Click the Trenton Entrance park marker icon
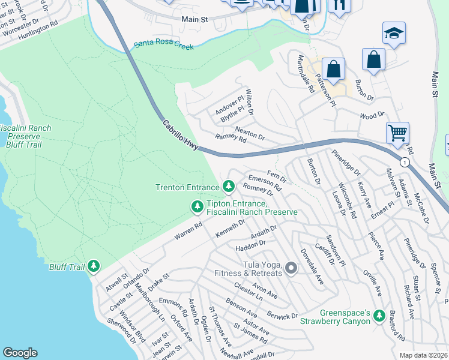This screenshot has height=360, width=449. coord(228,187)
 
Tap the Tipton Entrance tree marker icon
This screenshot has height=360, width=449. coord(196,207)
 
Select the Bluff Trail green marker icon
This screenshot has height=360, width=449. coord(93,265)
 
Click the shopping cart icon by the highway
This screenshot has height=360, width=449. coord(397,133)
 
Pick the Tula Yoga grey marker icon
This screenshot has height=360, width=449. coord(291,268)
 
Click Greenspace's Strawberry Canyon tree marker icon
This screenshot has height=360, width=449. coord(379,315)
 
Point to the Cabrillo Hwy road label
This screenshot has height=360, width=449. coord(180,135)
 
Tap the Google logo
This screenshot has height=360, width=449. coord(20,353)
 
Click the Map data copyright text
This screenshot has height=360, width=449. coord(424,355)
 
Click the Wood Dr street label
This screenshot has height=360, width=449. coord(372,115)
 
